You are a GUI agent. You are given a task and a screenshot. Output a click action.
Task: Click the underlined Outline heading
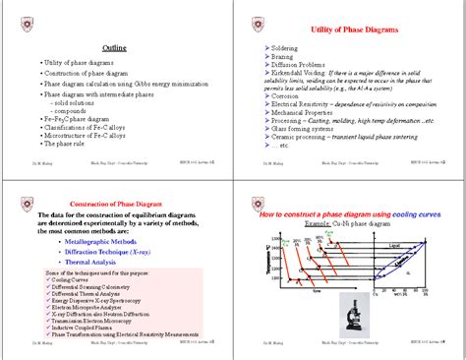coord(116,48)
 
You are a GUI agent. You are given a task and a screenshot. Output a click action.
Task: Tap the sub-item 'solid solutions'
coord(77,101)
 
